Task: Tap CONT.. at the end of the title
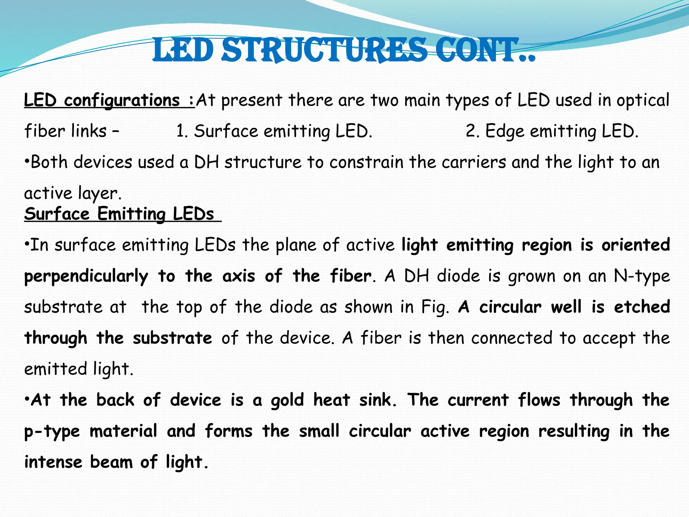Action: pos(484,50)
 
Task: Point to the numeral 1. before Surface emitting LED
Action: pos(182,131)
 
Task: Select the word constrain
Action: pos(366,162)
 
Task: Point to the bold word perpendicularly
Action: pos(86,276)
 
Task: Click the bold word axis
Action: pos(239,276)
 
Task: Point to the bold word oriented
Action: pos(636,245)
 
